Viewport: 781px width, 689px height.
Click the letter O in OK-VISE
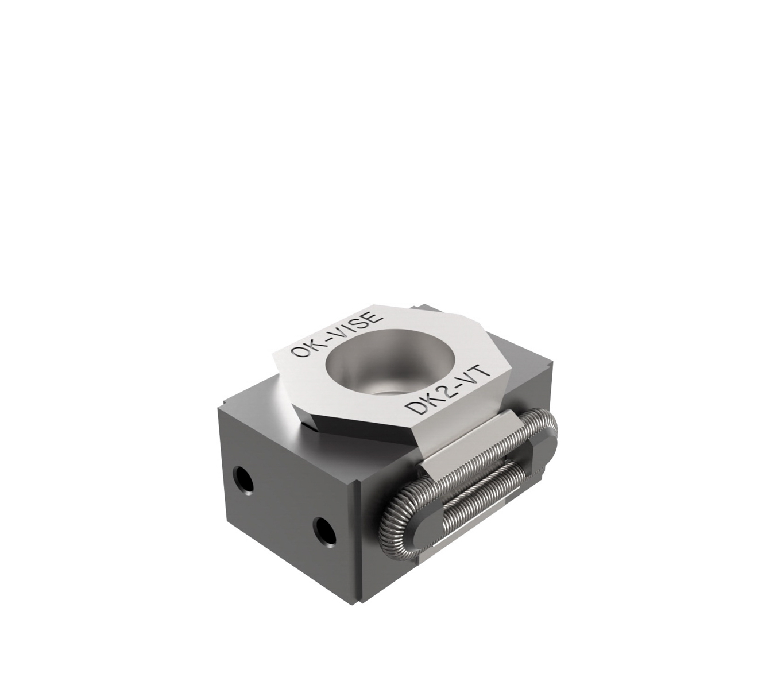coord(299,351)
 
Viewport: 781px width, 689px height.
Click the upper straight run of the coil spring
coord(477,454)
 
